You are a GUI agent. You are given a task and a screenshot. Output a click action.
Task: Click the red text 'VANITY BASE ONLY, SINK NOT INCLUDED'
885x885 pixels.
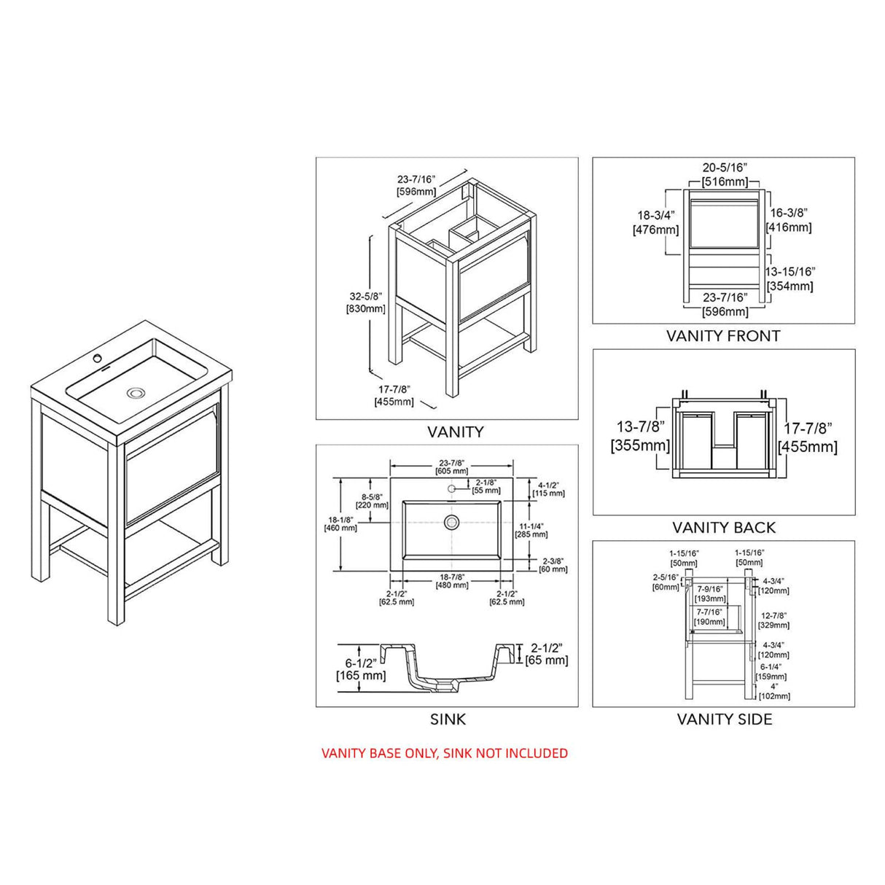[444, 753]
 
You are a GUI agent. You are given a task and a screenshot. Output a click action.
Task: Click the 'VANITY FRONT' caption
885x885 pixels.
[722, 336]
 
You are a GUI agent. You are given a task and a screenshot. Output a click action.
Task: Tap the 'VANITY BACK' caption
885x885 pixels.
[723, 527]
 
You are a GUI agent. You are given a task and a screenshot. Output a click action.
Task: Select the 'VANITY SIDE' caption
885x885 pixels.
[724, 719]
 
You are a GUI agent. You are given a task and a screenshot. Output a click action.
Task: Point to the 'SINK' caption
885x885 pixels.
[447, 720]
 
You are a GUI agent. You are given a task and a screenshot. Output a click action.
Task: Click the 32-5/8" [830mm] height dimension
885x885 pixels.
[366, 302]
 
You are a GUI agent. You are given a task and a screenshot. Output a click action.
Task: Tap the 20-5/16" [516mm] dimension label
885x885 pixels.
[724, 174]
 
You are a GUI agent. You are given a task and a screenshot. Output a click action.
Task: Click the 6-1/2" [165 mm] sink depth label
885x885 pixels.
[360, 669]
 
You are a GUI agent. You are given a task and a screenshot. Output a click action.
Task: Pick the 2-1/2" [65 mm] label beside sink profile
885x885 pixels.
[546, 654]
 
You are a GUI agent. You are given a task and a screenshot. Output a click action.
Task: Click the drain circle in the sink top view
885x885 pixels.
[452, 521]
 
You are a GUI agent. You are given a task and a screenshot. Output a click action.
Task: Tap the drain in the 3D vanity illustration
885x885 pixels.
[136, 393]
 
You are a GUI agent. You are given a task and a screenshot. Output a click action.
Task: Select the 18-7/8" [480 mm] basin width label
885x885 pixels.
[452, 580]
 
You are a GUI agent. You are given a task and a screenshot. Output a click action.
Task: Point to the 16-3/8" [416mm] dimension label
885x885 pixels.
[790, 219]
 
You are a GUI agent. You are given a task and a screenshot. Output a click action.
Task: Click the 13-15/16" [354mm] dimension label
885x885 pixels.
[790, 278]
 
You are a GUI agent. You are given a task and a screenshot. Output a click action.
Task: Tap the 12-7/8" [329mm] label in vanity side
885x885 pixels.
[773, 620]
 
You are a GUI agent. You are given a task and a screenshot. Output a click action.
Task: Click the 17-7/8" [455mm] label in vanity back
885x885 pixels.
[807, 437]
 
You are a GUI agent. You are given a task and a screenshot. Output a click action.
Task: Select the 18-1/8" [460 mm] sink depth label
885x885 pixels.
[340, 523]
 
